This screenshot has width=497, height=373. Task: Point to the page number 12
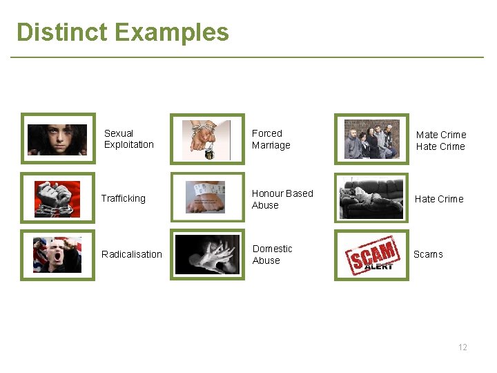tap(462, 347)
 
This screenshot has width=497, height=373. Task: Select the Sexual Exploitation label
tap(128, 139)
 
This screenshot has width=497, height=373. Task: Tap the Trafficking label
tap(123, 198)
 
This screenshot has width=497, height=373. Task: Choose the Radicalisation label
tap(131, 254)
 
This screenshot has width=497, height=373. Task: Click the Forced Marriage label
tap(271, 139)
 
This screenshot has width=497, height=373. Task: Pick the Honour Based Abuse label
tap(282, 199)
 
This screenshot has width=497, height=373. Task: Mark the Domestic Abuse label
tap(272, 254)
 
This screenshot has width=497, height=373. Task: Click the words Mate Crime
tap(440, 135)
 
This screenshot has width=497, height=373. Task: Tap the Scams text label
tap(428, 254)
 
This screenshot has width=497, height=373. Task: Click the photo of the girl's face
tap(57, 139)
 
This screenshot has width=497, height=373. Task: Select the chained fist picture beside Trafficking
tap(57, 198)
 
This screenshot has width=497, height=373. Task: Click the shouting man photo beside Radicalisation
tap(57, 254)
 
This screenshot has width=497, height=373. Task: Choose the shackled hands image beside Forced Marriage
tap(208, 139)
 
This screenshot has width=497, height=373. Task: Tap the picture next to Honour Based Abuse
tap(208, 198)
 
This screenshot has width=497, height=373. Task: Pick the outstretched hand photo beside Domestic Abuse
tap(208, 254)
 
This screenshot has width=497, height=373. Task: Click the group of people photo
tap(371, 139)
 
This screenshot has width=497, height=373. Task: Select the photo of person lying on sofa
tap(371, 198)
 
